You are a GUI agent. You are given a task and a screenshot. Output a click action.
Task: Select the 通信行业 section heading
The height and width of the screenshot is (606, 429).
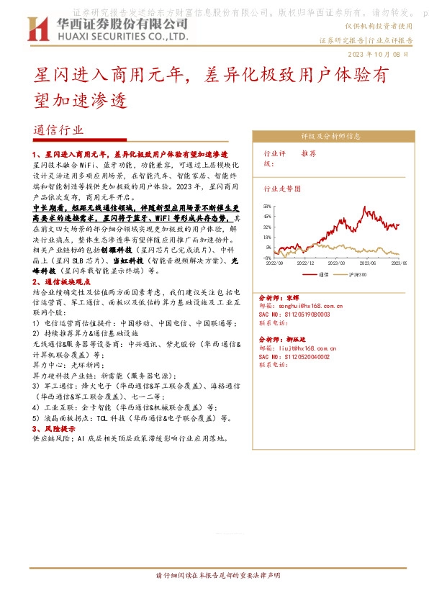pos(58,130)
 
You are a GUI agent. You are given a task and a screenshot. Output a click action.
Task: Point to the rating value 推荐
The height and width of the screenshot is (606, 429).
pos(308,153)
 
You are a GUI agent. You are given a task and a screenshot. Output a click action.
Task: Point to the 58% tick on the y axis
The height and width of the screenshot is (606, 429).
pos(267,206)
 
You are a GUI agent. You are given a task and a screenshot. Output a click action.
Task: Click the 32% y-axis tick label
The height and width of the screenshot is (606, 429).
pos(267,226)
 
